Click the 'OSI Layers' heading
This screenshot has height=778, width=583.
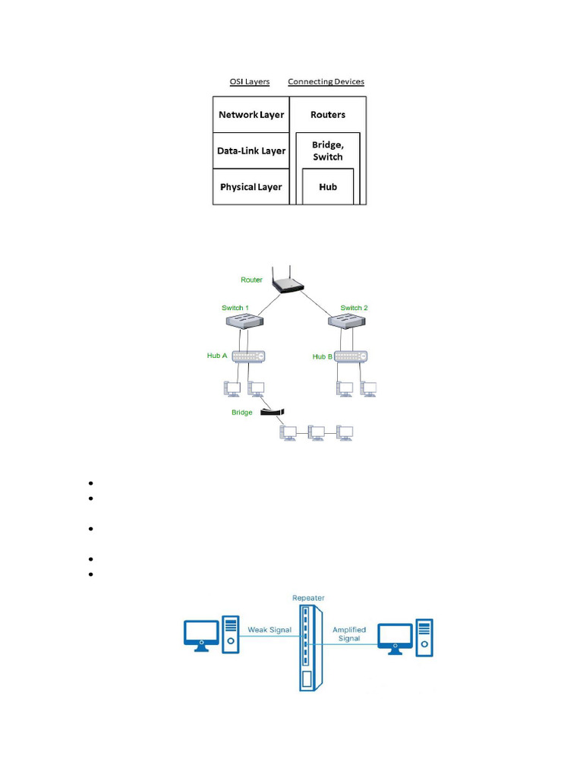click(250, 82)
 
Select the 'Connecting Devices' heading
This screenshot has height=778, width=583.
click(326, 82)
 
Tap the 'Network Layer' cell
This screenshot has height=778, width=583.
click(251, 115)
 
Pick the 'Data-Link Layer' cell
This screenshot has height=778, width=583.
click(251, 150)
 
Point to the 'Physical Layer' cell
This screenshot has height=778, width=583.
click(251, 187)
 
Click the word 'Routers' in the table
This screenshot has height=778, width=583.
click(328, 115)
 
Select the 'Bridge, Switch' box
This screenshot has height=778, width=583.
click(328, 151)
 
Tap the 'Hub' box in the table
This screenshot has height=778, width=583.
click(328, 187)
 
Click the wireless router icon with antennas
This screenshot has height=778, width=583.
click(289, 283)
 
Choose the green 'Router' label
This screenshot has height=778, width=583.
click(251, 280)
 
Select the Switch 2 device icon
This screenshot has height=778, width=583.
click(348, 322)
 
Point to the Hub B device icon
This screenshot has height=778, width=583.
click(350, 356)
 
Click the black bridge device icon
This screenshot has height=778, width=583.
click(272, 412)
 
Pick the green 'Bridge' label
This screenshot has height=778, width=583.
click(242, 413)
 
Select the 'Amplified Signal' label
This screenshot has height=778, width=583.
click(349, 634)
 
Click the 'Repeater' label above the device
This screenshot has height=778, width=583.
click(308, 598)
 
